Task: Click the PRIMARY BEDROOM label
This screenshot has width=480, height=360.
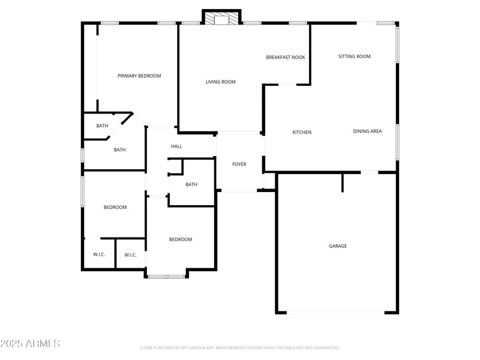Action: point(139,76)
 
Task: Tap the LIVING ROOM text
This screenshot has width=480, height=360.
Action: point(221,82)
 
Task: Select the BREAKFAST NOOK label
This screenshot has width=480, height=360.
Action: point(286,58)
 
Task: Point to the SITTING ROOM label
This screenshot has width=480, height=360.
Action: point(354,57)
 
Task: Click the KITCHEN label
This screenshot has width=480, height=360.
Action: point(302,133)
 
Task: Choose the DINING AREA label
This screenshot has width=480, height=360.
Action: point(367,131)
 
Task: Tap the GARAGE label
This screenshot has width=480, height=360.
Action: point(338,246)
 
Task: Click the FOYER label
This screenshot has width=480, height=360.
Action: point(239,164)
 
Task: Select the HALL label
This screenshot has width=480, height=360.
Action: point(176,146)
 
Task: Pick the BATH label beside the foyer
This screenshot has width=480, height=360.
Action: point(191,185)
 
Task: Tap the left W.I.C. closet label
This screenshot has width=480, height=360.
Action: point(99,255)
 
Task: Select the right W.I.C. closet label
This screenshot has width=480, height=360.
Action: point(131,255)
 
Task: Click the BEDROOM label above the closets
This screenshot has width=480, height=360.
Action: point(115,208)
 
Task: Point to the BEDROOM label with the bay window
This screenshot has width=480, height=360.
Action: point(181,240)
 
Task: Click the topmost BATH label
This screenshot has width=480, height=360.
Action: point(103,126)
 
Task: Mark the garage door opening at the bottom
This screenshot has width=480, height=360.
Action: point(336,312)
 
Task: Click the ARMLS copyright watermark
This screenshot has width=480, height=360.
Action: point(30,344)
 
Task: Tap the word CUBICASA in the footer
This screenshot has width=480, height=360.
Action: point(206,348)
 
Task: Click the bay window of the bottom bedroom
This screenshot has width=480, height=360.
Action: point(166,276)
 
